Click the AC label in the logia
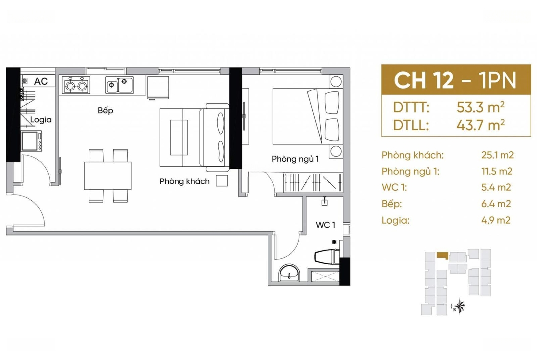tap(41, 81)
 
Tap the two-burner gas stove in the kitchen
tap(76, 85)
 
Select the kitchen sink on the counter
tap(119, 85)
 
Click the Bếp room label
tap(105, 110)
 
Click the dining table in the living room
tap(108, 176)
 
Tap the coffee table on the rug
tap(179, 137)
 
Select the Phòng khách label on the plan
tap(184, 181)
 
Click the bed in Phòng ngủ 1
tap(308, 116)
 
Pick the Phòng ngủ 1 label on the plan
tap(295, 159)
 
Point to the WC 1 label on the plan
tap(325, 225)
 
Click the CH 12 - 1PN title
tap(455, 81)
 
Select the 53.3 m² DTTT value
tap(480, 107)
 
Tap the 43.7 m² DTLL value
tap(480, 125)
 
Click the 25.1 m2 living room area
tap(497, 155)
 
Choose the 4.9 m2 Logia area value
tap(496, 220)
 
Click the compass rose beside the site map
tap(459, 305)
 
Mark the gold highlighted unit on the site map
tap(442, 256)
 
